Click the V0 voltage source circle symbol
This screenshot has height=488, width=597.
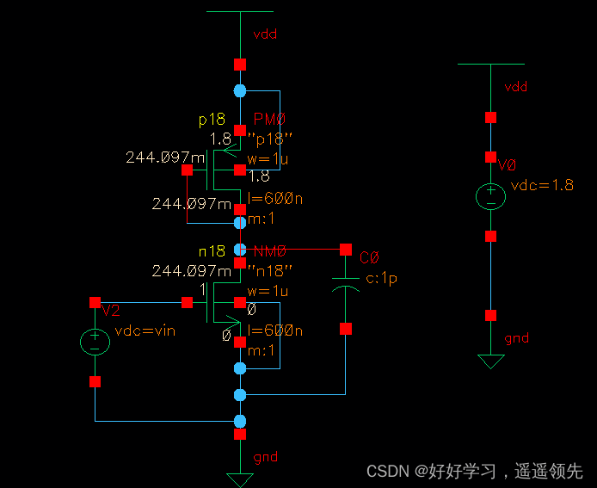coord(490,197)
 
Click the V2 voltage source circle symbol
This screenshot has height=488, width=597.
coord(95,342)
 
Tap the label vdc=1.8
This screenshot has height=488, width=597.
coord(541,185)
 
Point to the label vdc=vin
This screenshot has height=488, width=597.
coord(145,330)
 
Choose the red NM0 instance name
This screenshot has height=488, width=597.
coord(269,251)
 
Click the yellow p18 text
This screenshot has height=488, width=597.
coord(212,120)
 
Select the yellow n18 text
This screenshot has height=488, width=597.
coord(212,251)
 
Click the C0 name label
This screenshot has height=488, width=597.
coord(369,257)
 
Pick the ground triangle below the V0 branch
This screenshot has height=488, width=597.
coord(490,361)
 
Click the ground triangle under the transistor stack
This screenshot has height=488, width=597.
coord(239,479)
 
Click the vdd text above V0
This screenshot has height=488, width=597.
coord(515,87)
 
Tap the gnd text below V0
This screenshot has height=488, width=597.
coord(516,338)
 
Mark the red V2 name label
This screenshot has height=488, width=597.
coord(111,310)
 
